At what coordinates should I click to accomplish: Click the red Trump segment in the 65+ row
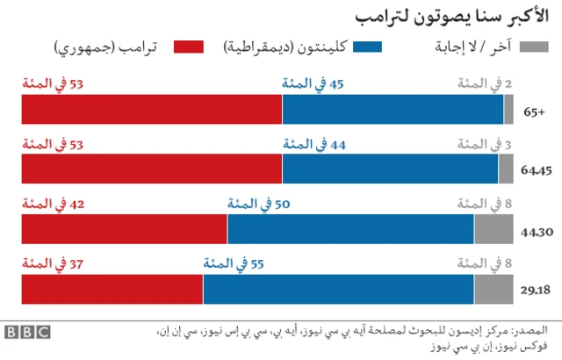click(152, 110)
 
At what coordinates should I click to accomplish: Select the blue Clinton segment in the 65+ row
click(393, 110)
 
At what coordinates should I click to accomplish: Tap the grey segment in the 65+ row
click(508, 110)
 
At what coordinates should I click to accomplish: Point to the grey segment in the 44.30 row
click(494, 229)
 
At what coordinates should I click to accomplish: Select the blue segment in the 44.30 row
click(350, 229)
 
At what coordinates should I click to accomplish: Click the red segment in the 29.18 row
click(112, 289)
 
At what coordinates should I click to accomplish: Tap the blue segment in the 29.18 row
click(338, 289)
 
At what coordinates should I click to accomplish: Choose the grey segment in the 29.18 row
click(494, 289)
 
